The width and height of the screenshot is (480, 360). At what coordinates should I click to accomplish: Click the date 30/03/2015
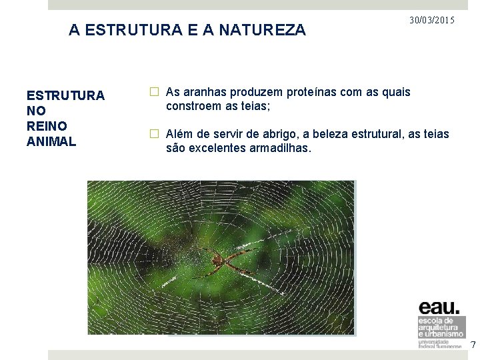pos(432,21)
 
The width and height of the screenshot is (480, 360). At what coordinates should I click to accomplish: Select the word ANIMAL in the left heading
pos(51,141)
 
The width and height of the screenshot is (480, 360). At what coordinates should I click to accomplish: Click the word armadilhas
pos(278,147)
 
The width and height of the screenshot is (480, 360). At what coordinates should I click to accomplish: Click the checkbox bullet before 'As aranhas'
pos(154,92)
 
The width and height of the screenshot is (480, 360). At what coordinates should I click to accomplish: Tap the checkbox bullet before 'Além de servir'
pos(154,134)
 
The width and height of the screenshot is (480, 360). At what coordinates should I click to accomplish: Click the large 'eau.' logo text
pos(439,307)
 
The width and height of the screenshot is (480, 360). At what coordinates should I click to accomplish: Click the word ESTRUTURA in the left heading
pos(65,95)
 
